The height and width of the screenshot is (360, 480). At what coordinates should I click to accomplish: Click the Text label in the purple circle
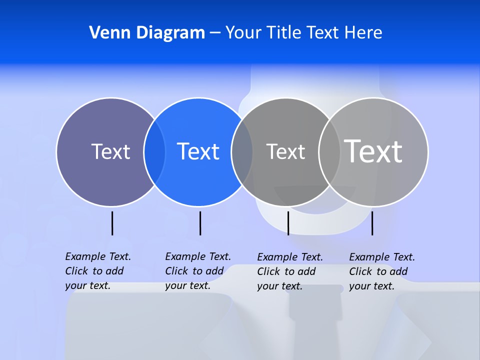click(x=110, y=151)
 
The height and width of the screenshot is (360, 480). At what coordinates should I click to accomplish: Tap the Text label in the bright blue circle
click(x=198, y=151)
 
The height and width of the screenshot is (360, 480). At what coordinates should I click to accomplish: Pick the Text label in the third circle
click(x=285, y=151)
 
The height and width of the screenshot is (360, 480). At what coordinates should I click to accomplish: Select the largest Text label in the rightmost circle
click(x=373, y=151)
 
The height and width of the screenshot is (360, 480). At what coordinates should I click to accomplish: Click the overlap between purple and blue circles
click(x=154, y=152)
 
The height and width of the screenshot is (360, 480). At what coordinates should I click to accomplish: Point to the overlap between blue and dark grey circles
click(x=242, y=152)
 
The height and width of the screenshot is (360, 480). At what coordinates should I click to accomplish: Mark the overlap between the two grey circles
click(x=329, y=152)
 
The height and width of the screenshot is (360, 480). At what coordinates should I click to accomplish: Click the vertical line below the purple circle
click(x=112, y=223)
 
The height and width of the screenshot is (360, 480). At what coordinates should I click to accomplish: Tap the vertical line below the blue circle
click(x=200, y=223)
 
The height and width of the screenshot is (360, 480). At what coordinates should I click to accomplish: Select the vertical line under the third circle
click(x=288, y=223)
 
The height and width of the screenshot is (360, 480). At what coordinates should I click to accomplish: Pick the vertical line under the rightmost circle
click(x=372, y=223)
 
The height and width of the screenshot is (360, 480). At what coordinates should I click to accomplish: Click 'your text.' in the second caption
click(x=187, y=285)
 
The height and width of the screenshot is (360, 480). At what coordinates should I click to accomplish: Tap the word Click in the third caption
click(x=268, y=271)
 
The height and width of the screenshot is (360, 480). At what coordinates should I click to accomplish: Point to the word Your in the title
click(x=243, y=33)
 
